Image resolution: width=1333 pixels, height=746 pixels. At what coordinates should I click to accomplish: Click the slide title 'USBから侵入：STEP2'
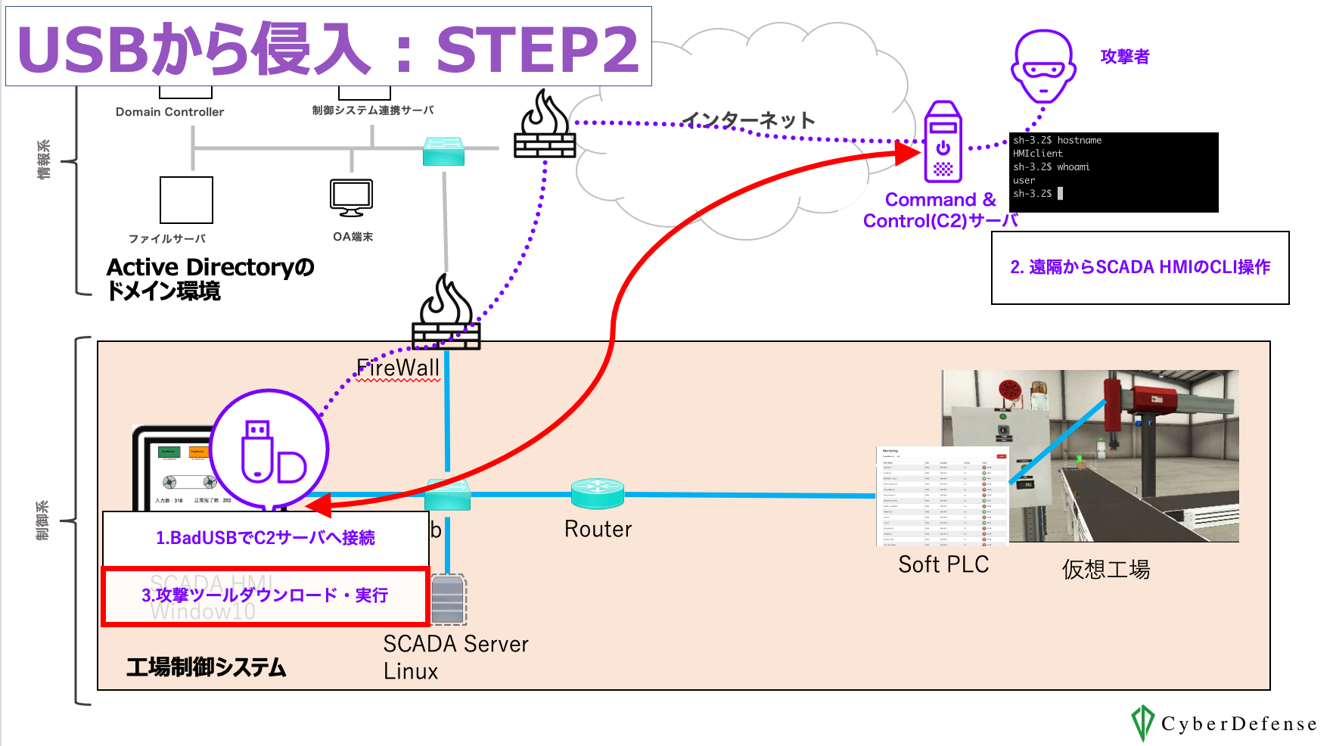tap(328, 48)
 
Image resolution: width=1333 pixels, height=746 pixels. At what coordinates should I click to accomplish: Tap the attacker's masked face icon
tap(1043, 66)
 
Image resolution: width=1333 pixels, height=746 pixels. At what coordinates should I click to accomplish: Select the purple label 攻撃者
tap(1124, 57)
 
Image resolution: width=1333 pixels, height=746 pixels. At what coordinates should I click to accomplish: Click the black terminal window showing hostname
tap(1113, 172)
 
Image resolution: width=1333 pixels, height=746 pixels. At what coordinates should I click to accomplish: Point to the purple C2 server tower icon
tap(943, 142)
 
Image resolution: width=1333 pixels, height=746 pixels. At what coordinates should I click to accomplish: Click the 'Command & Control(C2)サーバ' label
tap(940, 210)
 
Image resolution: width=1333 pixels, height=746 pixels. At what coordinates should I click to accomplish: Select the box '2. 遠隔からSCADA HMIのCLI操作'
tap(1139, 268)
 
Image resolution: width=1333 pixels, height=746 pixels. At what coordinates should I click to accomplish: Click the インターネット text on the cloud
tap(748, 120)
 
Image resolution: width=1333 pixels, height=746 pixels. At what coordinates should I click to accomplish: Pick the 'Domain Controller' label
tap(169, 112)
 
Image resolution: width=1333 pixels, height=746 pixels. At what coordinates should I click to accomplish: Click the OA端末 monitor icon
tap(352, 197)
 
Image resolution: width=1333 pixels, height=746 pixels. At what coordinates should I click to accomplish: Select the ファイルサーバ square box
tap(186, 200)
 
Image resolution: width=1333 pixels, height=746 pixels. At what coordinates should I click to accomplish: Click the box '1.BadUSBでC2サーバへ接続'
tap(266, 538)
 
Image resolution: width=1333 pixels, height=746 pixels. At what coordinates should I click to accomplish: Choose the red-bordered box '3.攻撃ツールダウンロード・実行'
tap(266, 596)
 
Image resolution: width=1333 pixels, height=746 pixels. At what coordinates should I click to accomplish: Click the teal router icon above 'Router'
tap(598, 493)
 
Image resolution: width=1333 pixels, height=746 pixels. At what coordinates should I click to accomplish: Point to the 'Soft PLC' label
tap(943, 564)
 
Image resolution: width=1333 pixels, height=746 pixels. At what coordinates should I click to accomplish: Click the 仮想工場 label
tap(1105, 569)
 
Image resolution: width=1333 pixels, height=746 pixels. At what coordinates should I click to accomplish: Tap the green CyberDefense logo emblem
tap(1142, 723)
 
